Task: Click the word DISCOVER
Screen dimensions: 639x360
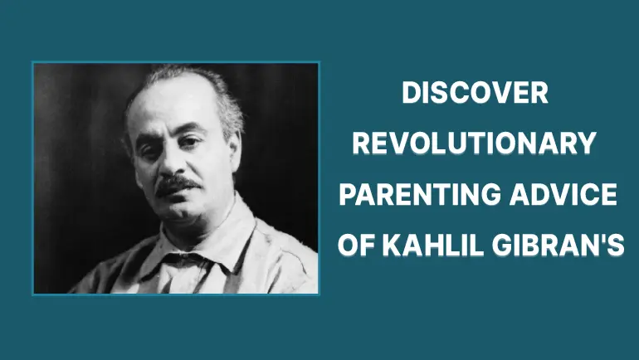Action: point(475,93)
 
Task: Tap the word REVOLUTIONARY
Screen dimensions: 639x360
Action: point(475,144)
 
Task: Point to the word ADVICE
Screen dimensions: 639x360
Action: point(563,194)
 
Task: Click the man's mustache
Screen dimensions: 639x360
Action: point(178,184)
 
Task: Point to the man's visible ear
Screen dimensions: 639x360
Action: point(236,148)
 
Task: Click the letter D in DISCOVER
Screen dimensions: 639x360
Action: point(412,93)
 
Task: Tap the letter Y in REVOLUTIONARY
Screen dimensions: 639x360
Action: point(588,144)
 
